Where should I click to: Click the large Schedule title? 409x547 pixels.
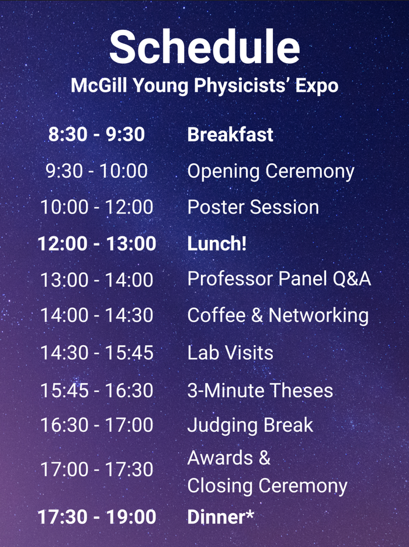tap(204, 47)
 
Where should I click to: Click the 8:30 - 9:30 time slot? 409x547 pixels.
tap(96, 135)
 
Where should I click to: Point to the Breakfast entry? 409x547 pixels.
tap(230, 135)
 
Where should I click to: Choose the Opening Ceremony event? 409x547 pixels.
tap(271, 171)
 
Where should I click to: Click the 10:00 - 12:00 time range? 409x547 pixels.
tap(97, 207)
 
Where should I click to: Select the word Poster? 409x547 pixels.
tap(216, 207)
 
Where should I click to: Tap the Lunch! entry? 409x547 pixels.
tap(217, 243)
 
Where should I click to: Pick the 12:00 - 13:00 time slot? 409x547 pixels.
tap(97, 243)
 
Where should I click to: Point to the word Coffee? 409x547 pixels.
tap(216, 315)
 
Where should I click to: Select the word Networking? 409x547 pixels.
tap(318, 316)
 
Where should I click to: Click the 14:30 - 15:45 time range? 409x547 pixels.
tap(97, 352)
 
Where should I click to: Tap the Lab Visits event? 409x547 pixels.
tap(230, 352)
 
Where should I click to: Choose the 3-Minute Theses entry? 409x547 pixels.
tap(260, 390)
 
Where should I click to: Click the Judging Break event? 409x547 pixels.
tap(250, 425)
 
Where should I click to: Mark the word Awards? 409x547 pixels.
tap(220, 457)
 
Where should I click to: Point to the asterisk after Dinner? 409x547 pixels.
tap(249, 513)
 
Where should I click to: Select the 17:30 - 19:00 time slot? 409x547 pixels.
tap(97, 517)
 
